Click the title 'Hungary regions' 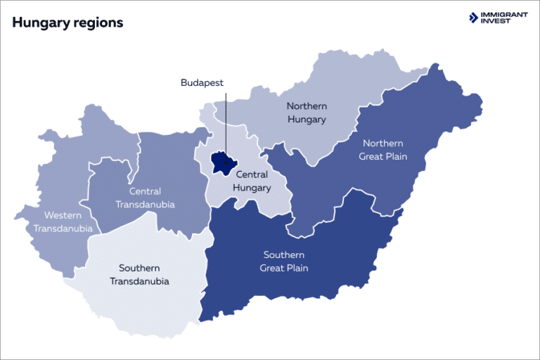pyautogui.click(x=67, y=22)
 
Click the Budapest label pyautogui.click(x=202, y=83)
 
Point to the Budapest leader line pyautogui.click(x=226, y=120)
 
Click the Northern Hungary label pyautogui.click(x=307, y=112)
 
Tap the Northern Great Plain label pyautogui.click(x=383, y=149)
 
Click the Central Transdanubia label pyautogui.click(x=146, y=198)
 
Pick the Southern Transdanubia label pyautogui.click(x=139, y=274)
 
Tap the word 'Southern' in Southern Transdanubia pyautogui.click(x=139, y=268)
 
